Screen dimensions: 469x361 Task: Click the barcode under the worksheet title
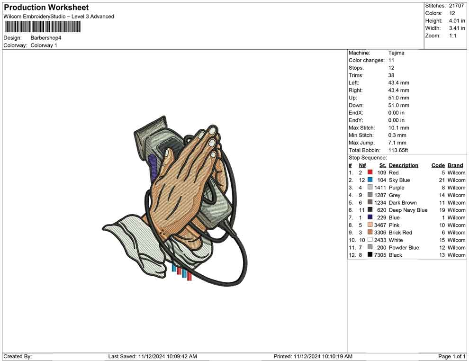pyautogui.click(x=42, y=27)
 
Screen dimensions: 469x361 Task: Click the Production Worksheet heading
pyautogui.click(x=46, y=8)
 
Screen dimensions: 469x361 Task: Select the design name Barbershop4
pyautogui.click(x=46, y=38)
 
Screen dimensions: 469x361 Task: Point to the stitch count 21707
pyautogui.click(x=456, y=6)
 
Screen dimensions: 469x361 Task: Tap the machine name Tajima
pyautogui.click(x=397, y=53)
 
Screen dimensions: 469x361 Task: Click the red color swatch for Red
pyautogui.click(x=370, y=172)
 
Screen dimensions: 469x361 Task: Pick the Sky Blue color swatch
pyautogui.click(x=370, y=180)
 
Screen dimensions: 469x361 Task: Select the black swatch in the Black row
pyautogui.click(x=370, y=254)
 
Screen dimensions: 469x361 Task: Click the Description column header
pyautogui.click(x=404, y=165)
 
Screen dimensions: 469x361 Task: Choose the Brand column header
pyautogui.click(x=455, y=165)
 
